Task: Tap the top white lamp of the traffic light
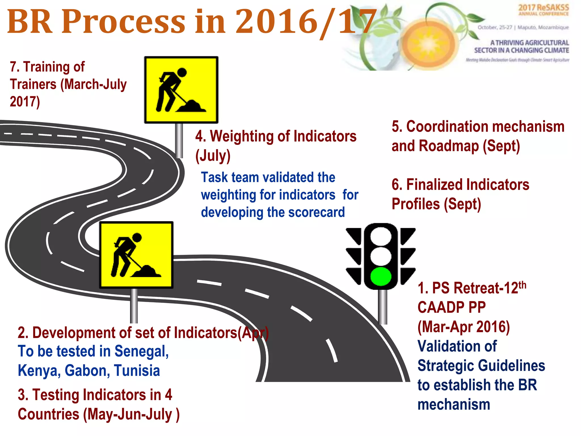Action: (381, 236)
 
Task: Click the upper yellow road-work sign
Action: (181, 90)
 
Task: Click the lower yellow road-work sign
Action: (136, 255)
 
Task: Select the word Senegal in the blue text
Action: (142, 351)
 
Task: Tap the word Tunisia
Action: (137, 371)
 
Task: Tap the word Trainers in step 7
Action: (33, 84)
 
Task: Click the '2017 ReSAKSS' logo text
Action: (544, 8)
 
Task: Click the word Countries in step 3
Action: (49, 414)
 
